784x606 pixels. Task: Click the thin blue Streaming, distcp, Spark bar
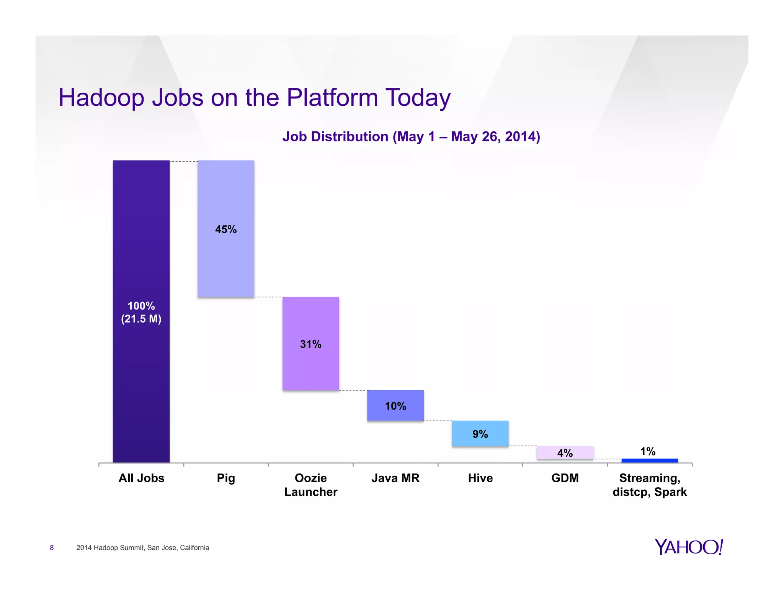click(x=650, y=460)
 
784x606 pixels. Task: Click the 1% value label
click(x=648, y=451)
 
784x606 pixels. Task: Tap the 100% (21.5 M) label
click(x=141, y=312)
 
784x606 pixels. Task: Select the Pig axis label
click(x=226, y=478)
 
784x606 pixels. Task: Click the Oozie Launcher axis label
click(x=310, y=485)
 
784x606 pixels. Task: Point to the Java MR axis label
click(x=395, y=478)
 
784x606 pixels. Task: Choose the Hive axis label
click(x=480, y=478)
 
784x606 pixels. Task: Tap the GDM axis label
click(x=565, y=478)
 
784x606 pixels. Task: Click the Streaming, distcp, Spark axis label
click(x=650, y=485)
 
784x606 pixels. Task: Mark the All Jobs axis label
click(x=141, y=478)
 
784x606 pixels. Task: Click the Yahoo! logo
click(x=688, y=547)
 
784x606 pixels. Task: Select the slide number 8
click(x=52, y=548)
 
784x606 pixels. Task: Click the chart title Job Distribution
click(x=411, y=137)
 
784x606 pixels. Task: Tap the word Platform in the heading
click(x=332, y=98)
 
